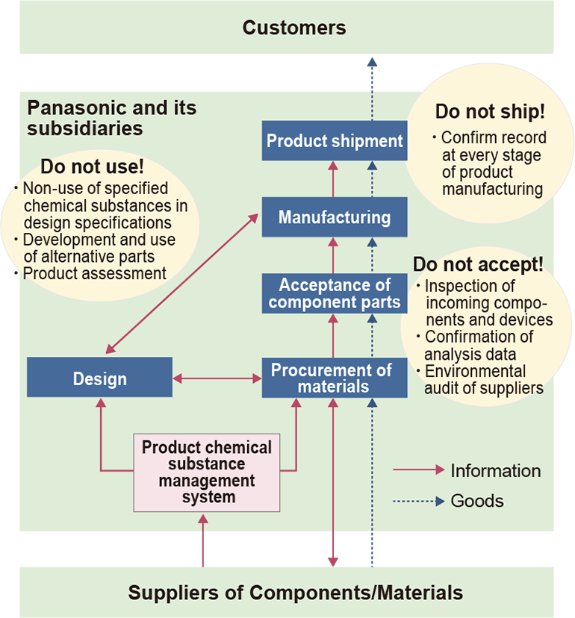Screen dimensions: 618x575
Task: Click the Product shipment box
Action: [335, 140]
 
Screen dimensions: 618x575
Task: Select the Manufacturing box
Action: [335, 217]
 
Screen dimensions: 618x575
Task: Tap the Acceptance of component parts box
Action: [335, 293]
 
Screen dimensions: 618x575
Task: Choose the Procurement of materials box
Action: [335, 378]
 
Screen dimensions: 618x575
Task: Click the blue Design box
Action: [100, 378]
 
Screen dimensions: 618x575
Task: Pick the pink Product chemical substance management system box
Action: [207, 472]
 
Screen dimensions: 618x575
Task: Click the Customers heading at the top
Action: [294, 28]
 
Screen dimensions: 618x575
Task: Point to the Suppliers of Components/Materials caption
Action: [296, 593]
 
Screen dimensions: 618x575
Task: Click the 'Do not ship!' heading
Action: [490, 113]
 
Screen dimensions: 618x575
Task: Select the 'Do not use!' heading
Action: [92, 166]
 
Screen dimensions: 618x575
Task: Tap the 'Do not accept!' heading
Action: [478, 265]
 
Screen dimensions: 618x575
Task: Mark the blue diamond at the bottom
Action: [372, 549]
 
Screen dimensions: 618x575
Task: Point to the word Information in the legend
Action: [496, 471]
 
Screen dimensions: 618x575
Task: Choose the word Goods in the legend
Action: [477, 501]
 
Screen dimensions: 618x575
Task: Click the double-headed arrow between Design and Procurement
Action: [217, 378]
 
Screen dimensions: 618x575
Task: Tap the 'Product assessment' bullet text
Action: [95, 274]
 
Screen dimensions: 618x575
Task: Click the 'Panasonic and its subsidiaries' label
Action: [112, 118]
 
